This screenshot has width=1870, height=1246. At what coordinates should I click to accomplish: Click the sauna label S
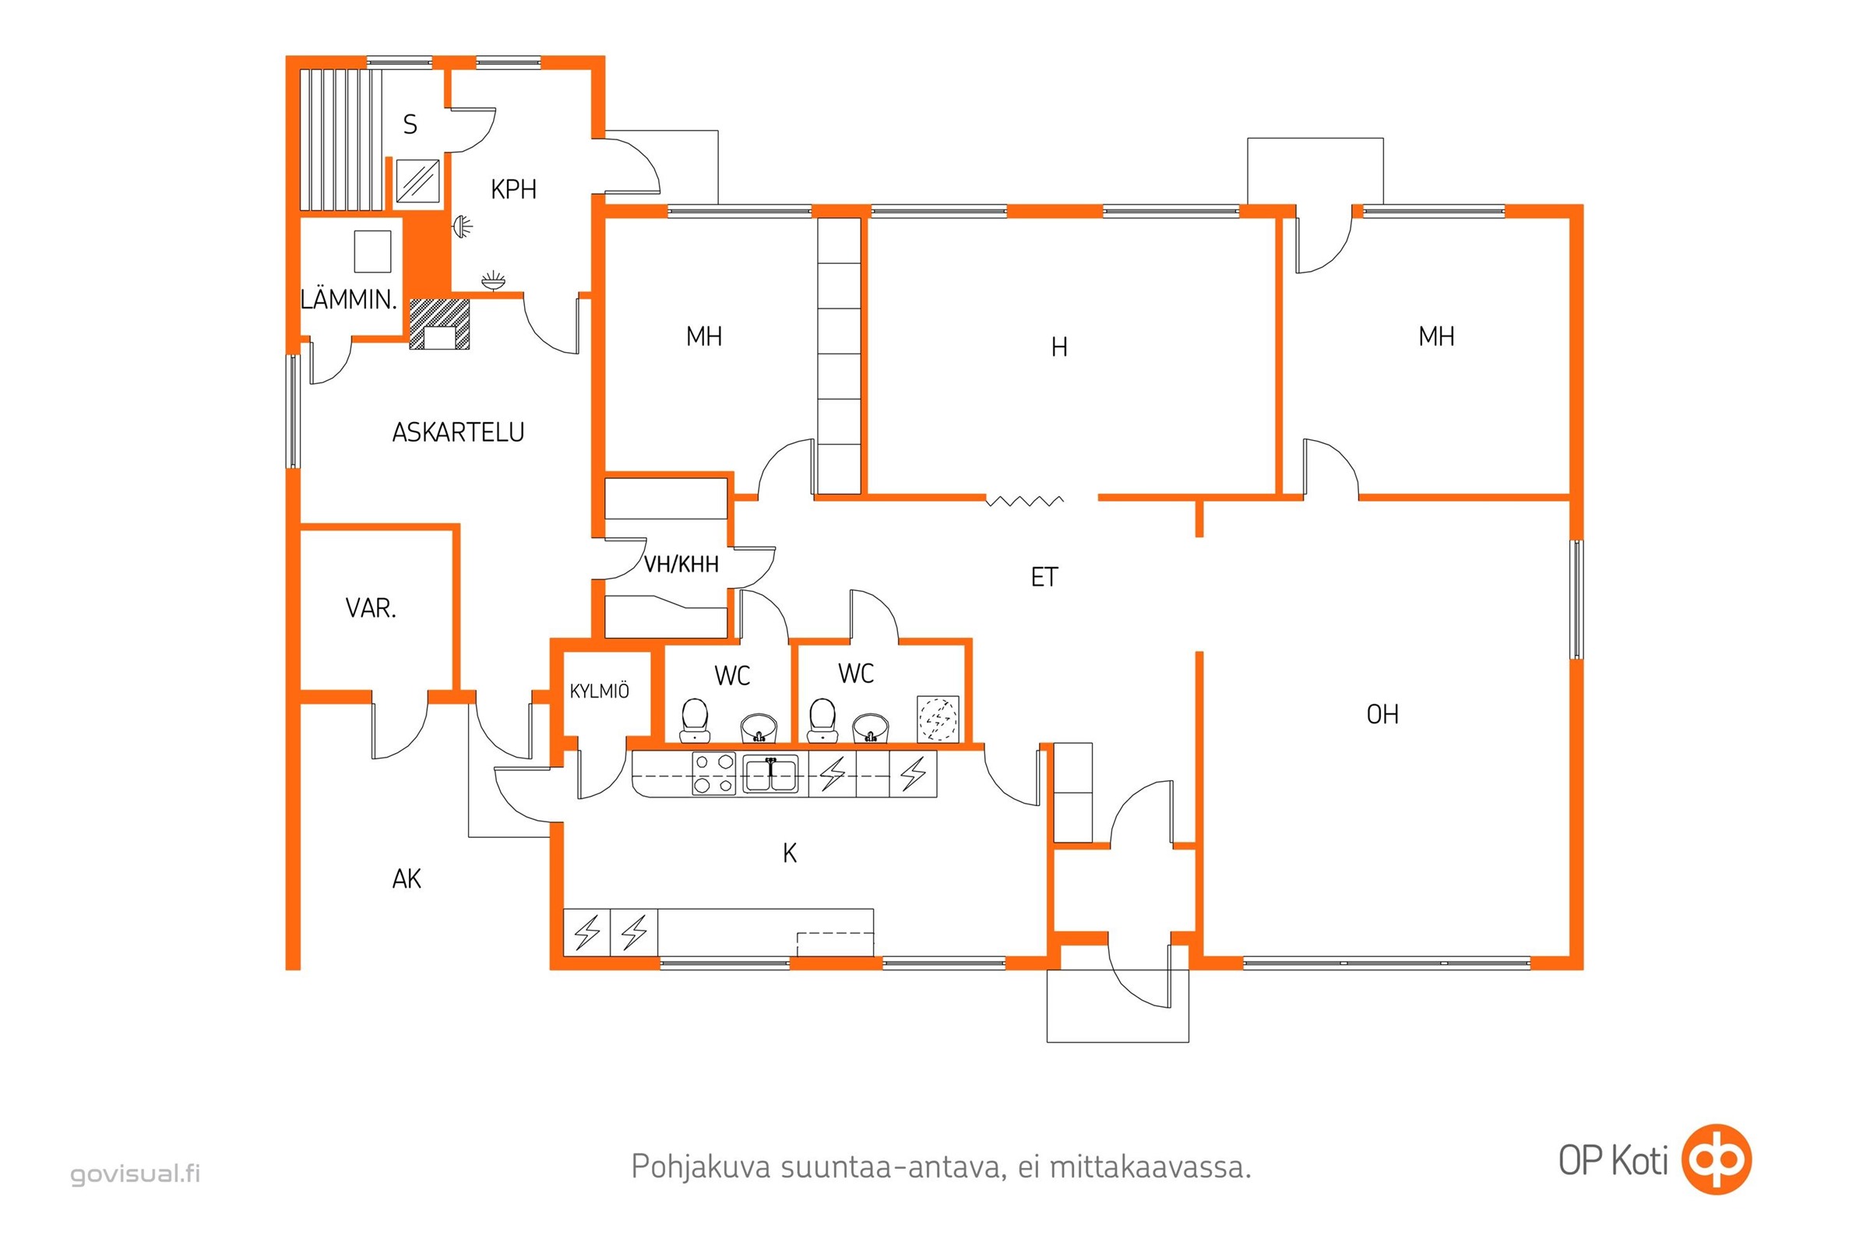pos(410,125)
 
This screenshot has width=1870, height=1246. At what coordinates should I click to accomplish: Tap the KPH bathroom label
pos(513,189)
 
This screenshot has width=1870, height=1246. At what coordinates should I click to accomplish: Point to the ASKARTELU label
pos(458,432)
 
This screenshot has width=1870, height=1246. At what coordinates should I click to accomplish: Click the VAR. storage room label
pos(371,609)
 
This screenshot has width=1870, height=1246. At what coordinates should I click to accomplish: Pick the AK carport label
pos(406,879)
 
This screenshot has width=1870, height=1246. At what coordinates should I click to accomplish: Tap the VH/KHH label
pos(681,564)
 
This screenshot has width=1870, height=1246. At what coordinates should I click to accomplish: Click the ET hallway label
pos(1044,577)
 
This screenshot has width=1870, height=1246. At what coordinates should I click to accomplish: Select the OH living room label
pos(1382,714)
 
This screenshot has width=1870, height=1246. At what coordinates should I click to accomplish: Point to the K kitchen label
pos(789,854)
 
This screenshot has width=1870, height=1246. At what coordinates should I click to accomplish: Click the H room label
pos(1058,347)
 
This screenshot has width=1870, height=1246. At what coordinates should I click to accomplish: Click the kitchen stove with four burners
pos(713,774)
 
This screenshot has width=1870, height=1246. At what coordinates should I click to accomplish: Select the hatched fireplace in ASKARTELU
pos(439,323)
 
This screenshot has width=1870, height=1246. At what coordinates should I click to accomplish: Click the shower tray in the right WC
pos(938,719)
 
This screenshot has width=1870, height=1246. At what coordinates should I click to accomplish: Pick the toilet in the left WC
pos(695,718)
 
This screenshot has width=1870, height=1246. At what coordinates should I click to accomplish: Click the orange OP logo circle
pos(1717,1160)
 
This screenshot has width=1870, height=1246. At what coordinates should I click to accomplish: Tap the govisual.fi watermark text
pos(135,1174)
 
